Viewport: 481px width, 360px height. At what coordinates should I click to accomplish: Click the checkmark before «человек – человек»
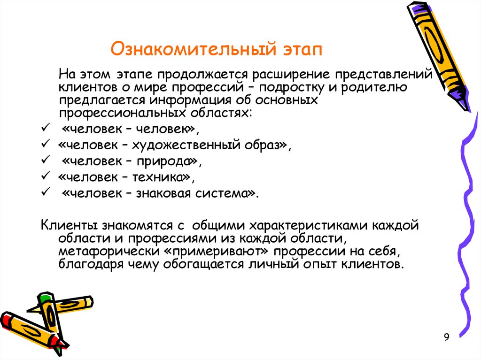[x=46, y=128]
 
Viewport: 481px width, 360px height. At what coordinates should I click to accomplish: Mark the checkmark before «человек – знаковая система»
[x=46, y=193]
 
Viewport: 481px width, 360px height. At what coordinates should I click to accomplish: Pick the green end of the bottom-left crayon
[x=45, y=298]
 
